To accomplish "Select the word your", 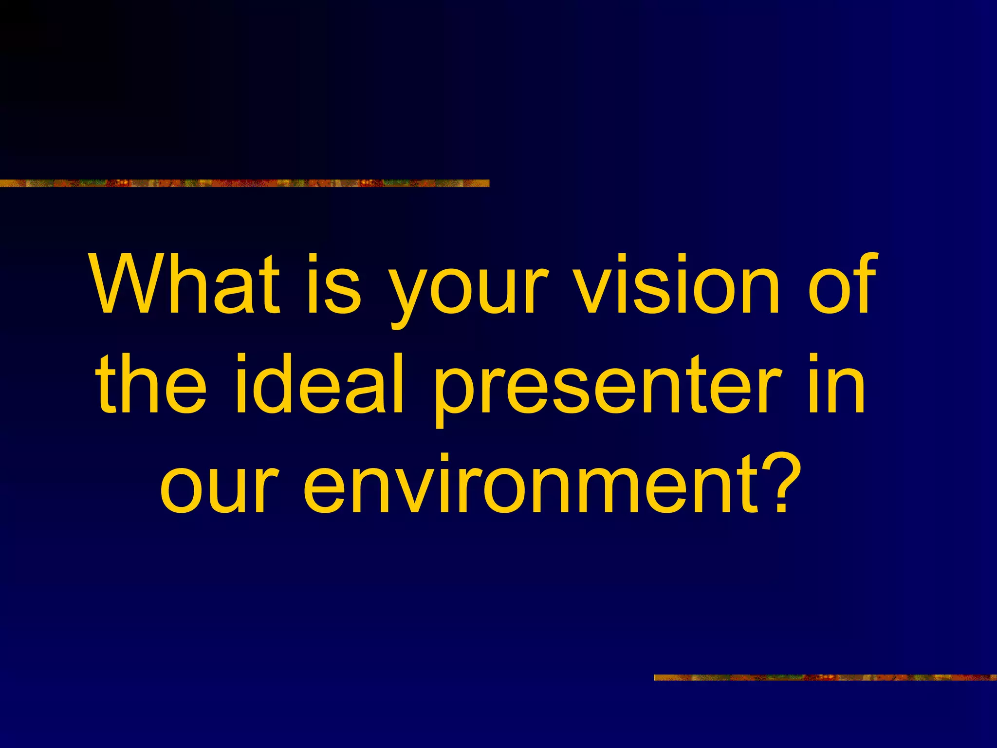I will point(470,292).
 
